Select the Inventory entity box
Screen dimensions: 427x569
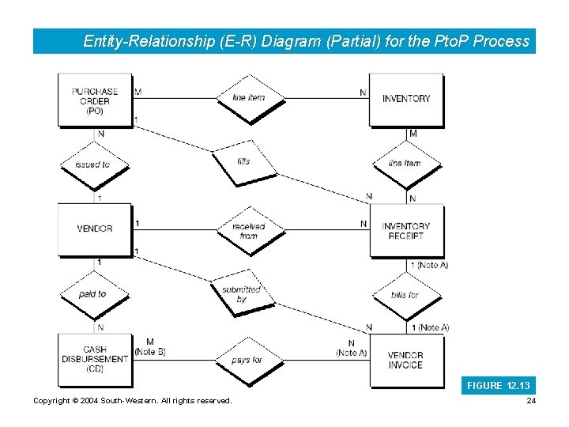tap(406, 99)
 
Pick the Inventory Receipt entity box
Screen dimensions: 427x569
tap(406, 231)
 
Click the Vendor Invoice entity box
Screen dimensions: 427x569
tap(406, 360)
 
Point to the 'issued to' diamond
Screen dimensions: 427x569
tap(93, 164)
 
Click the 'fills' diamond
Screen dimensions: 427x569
tap(244, 162)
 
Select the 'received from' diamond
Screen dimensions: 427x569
tap(249, 230)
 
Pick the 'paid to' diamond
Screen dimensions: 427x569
tap(93, 294)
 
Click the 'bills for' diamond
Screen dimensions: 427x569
tap(405, 295)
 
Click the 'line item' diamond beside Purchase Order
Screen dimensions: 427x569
tap(249, 97)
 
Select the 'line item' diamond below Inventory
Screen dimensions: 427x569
tap(405, 164)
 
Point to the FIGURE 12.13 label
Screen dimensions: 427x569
tap(499, 386)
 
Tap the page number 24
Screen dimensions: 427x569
tap(531, 401)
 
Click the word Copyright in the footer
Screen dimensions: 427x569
tap(52, 401)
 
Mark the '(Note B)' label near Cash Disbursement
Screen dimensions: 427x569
tap(150, 352)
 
